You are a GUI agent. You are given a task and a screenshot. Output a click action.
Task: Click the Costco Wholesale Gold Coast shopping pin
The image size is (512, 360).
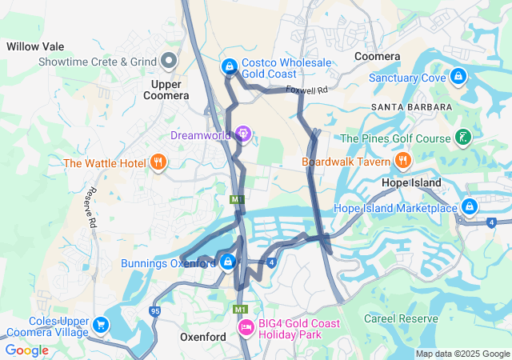(x=230, y=66)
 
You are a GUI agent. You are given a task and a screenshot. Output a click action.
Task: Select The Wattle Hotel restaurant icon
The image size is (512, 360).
(x=158, y=163)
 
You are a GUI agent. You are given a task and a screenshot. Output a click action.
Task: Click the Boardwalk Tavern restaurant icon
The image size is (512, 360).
(x=402, y=161)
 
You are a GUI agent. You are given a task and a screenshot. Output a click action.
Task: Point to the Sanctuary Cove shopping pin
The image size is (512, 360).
(x=458, y=77)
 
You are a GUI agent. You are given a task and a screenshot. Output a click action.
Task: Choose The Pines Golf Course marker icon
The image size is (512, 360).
(x=462, y=138)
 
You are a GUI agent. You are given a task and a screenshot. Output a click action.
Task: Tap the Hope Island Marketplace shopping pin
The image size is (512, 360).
(x=470, y=207)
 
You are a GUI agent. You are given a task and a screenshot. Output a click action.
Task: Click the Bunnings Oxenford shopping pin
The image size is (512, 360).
(x=228, y=261)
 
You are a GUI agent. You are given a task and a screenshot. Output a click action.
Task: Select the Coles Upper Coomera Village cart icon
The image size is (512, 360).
(x=100, y=326)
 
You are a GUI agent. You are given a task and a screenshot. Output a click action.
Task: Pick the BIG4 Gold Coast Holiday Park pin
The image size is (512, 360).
(x=246, y=327)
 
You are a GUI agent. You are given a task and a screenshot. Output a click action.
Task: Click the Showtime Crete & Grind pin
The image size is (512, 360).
(x=169, y=61)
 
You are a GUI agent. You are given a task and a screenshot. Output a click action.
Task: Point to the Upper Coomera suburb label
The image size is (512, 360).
(x=166, y=89)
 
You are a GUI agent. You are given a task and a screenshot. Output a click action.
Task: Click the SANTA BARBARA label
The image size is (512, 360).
(x=411, y=106)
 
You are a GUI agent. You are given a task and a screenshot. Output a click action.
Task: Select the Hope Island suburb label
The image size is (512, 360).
(x=411, y=183)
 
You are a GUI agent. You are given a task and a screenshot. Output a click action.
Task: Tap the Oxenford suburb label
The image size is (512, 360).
(x=202, y=337)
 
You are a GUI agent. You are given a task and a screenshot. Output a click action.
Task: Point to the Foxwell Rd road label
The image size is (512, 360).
(x=307, y=90)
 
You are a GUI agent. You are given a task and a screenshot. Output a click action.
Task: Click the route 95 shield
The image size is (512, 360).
(x=154, y=310)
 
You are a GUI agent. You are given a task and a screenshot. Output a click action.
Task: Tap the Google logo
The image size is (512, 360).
(x=26, y=350)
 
